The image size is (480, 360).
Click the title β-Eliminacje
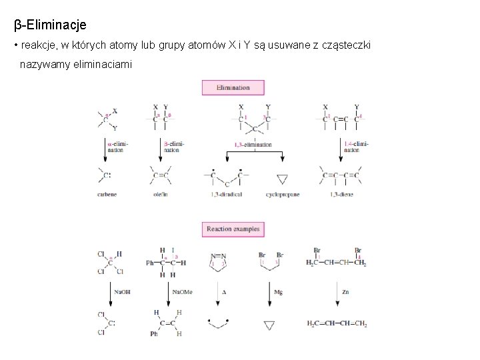(51, 25)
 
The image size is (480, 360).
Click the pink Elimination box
(233, 87)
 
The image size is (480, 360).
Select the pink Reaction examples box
(233, 229)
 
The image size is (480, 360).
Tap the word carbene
(107, 195)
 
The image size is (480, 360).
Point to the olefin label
(160, 195)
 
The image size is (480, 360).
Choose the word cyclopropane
(283, 195)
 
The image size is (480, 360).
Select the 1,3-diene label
(341, 195)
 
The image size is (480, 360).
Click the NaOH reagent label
(122, 292)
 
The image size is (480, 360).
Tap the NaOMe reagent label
(182, 292)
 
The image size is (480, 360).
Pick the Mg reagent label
(279, 292)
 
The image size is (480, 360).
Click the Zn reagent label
(345, 292)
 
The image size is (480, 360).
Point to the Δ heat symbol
(224, 292)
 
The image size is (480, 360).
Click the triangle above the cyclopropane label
(282, 179)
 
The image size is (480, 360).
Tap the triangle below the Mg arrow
(269, 325)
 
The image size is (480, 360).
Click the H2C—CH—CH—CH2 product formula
(337, 324)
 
